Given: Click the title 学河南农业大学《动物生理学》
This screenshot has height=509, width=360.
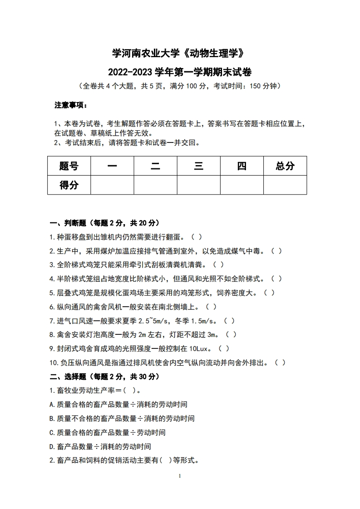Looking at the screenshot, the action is point(180,54).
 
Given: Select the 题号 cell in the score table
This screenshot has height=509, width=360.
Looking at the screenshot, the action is point(69,166).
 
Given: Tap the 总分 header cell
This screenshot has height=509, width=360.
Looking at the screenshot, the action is point(285,166).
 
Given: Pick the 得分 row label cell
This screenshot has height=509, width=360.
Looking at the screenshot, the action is point(69,185).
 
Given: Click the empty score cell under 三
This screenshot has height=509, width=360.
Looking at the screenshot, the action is point(198,185).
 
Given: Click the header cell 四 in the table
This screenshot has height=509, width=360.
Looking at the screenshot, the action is point(242,166).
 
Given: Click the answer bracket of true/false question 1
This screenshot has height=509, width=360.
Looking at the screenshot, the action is point(195,237).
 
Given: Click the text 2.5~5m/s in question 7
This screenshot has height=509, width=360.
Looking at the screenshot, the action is point(148,321).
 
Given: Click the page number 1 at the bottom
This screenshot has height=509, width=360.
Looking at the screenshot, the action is point(180,476).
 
